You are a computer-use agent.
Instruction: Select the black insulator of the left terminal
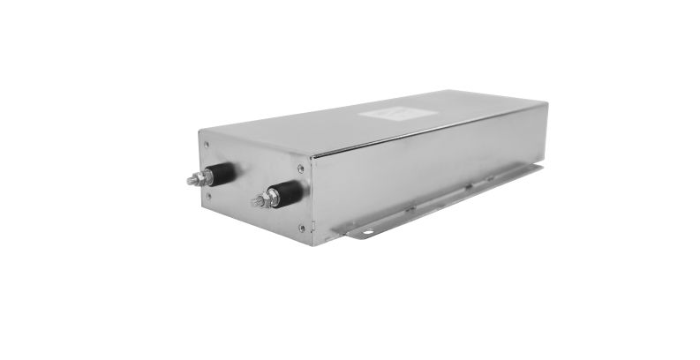[223, 173]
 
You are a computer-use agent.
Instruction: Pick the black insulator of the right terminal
[289, 192]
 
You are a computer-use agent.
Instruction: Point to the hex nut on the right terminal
[272, 198]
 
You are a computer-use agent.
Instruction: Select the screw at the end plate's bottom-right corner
[302, 228]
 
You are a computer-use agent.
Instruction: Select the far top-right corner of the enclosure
[547, 103]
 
